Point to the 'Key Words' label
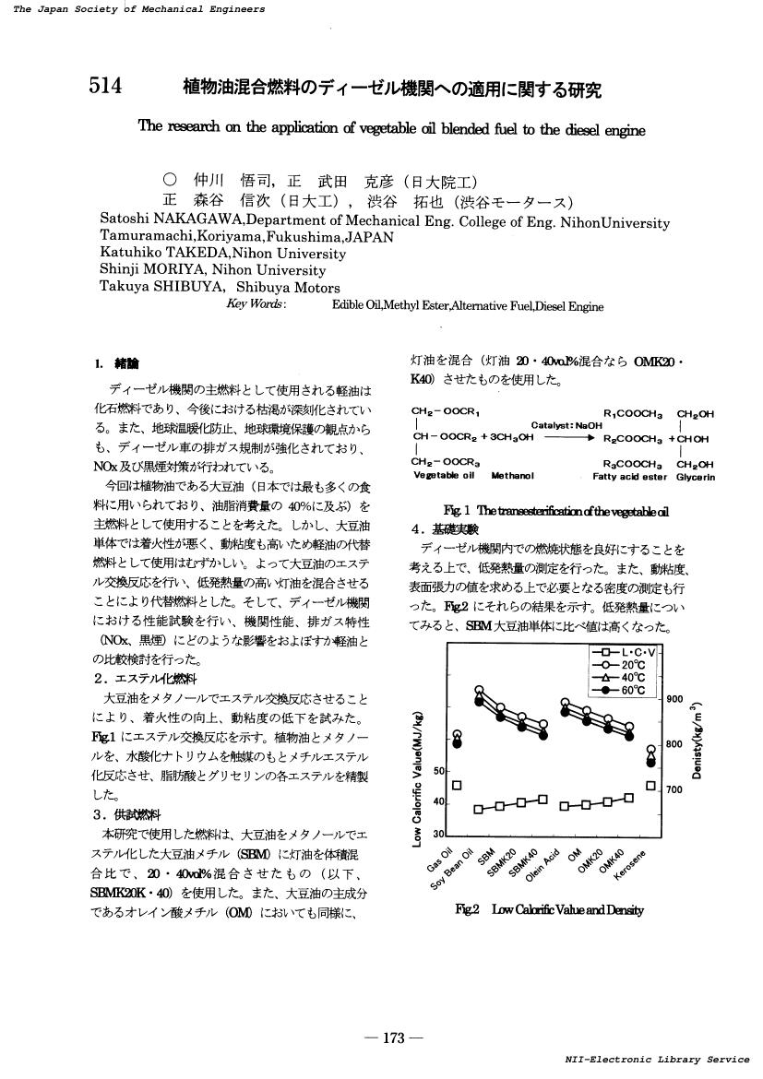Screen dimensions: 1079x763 tap(256, 303)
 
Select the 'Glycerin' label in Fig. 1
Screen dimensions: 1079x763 tap(696, 477)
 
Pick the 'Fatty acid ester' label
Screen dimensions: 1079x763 tap(629, 477)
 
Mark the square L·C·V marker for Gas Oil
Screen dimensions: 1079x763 tap(456, 786)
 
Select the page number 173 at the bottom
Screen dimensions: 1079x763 tap(394, 1038)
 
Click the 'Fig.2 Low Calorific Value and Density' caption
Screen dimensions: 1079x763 tap(550, 909)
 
